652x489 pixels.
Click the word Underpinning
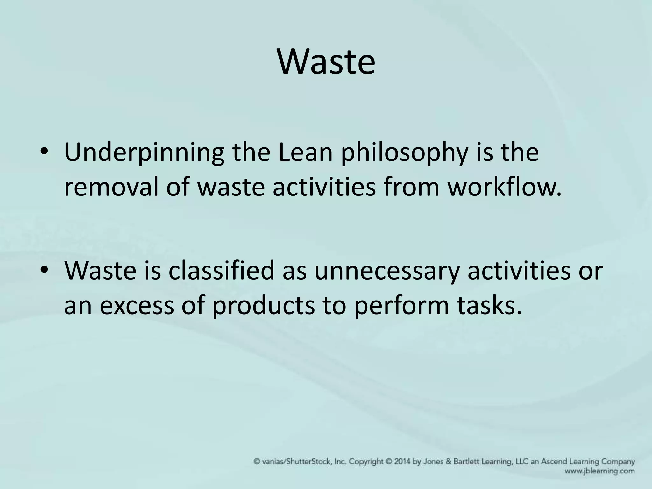coord(144,153)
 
